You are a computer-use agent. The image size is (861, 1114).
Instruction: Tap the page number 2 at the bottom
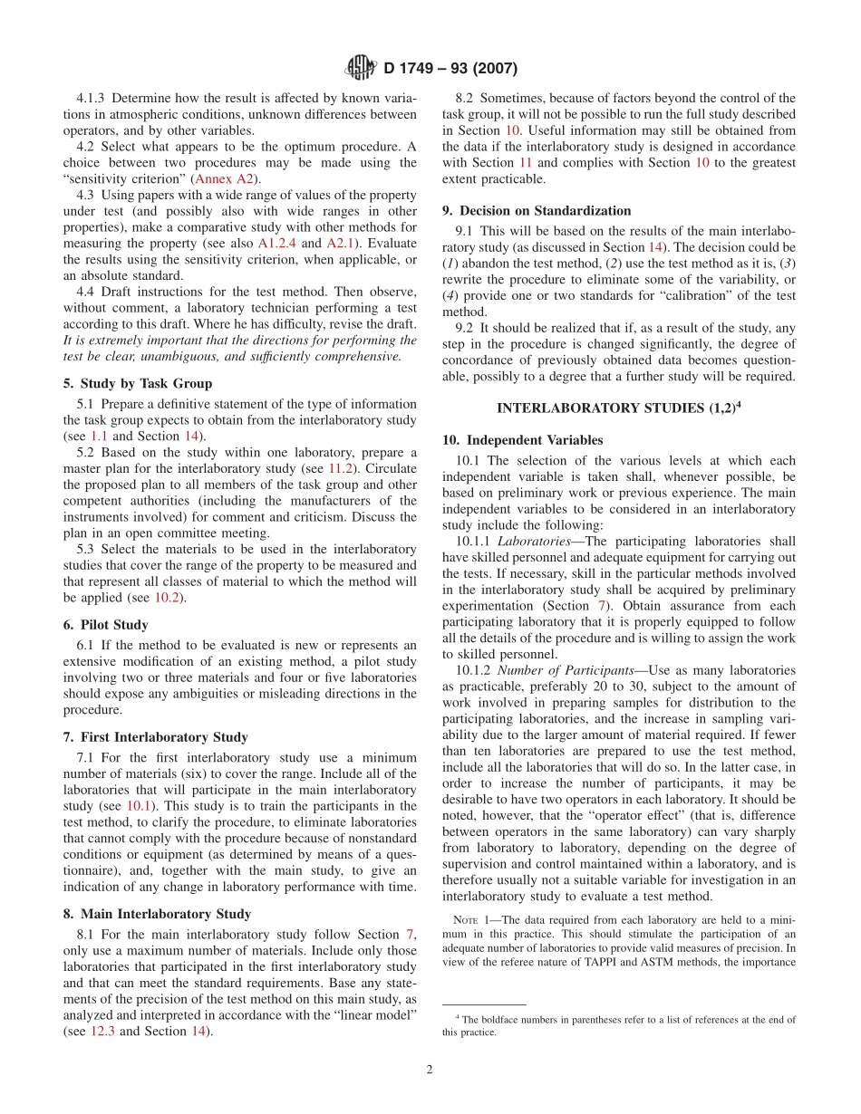[430, 1069]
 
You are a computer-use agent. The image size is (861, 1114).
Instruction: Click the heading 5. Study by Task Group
[146, 383]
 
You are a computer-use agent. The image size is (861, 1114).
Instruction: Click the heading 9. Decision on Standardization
[537, 211]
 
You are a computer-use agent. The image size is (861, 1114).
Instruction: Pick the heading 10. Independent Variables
[523, 440]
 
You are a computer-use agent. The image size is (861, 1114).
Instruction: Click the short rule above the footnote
[484, 1004]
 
